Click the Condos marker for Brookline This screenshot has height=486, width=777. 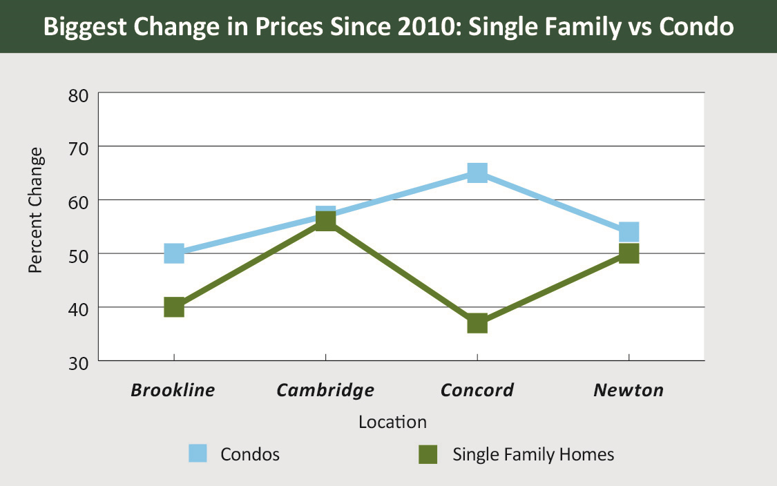[x=174, y=253]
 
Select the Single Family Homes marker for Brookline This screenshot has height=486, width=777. [x=174, y=307]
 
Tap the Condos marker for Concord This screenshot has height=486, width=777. [x=477, y=173]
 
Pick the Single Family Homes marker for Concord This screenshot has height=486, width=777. [x=477, y=323]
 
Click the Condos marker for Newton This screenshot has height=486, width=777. [x=629, y=232]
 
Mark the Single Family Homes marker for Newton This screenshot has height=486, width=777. [x=629, y=253]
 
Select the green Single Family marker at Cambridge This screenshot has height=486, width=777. [x=325, y=222]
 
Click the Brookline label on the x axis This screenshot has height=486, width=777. [x=173, y=390]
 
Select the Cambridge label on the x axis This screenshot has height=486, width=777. [x=325, y=390]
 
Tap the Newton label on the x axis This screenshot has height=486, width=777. [x=629, y=390]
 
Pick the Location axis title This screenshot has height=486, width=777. [x=392, y=422]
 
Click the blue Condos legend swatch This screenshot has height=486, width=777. [x=198, y=454]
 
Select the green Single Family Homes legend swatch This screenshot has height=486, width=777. [x=429, y=454]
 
